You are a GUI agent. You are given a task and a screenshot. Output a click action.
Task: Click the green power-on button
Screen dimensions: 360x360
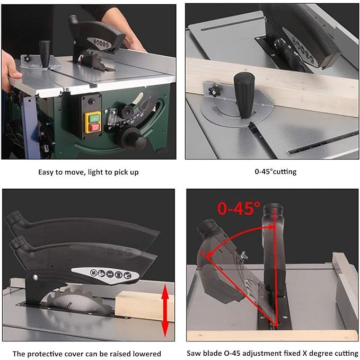93,118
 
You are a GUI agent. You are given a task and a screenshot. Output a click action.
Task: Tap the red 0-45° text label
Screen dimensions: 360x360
239,208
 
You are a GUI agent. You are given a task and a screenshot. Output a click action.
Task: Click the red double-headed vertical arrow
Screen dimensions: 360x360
165,311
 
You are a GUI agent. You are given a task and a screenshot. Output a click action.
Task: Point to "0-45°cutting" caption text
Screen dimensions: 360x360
276,171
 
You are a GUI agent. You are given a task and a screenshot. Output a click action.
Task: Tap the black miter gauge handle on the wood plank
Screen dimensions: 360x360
244,94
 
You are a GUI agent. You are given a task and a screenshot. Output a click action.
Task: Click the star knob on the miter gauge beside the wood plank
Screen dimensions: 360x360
214,91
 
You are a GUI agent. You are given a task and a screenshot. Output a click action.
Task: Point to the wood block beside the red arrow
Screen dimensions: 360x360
144,306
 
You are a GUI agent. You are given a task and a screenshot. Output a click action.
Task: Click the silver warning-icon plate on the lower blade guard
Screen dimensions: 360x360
106,274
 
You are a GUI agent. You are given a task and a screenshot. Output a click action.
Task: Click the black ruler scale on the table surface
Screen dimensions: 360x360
323,142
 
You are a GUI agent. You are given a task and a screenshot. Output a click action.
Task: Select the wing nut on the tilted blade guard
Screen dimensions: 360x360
243,256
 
